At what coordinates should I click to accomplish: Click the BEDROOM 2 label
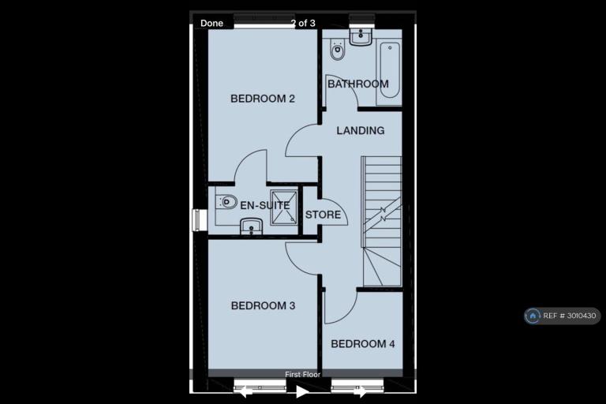pos(263,99)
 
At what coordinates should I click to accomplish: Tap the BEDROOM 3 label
pos(263,306)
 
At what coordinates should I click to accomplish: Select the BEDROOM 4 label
pos(363,344)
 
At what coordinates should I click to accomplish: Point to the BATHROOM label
pos(358,84)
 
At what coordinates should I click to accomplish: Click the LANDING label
pos(360,131)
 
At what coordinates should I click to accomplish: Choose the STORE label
pos(323,215)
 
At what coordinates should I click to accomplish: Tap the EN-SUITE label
pos(265,205)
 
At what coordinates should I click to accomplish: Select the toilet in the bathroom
pos(338,50)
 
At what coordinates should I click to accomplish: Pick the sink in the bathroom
pos(361,36)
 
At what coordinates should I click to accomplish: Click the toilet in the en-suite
pos(226,202)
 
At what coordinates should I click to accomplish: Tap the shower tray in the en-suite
pos(284,208)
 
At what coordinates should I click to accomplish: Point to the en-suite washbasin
pos(251,226)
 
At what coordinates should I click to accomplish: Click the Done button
pos(211,23)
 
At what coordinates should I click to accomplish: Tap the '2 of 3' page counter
pos(303,23)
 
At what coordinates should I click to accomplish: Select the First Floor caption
pos(303,374)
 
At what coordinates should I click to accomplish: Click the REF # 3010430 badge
pos(562,316)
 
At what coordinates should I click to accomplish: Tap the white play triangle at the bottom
pos(302,391)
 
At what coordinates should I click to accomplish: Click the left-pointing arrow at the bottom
pos(244,392)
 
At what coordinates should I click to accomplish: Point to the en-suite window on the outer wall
pos(199,220)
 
